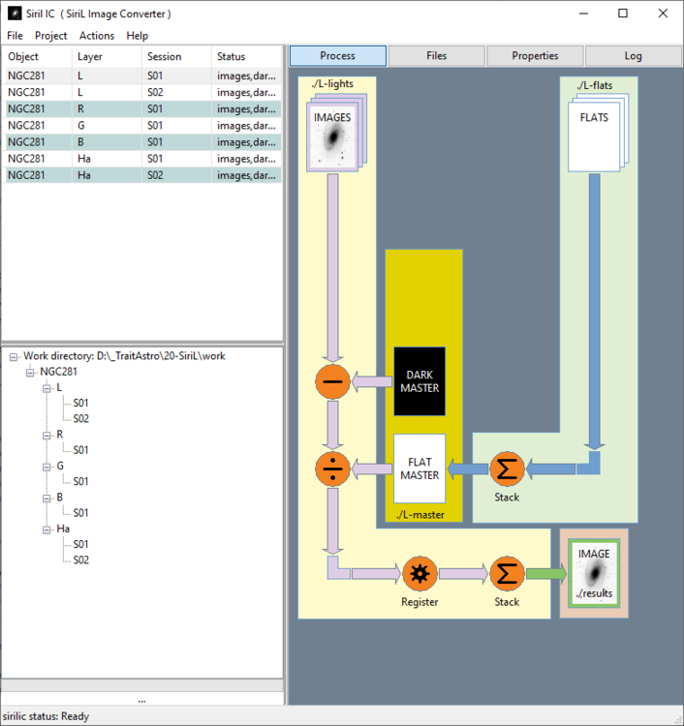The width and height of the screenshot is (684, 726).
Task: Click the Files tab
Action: [x=437, y=56]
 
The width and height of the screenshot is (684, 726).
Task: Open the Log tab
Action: [x=633, y=56]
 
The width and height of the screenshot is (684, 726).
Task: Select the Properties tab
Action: [x=535, y=56]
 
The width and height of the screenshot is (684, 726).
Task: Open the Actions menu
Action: [x=96, y=36]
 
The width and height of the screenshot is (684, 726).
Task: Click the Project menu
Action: [x=51, y=36]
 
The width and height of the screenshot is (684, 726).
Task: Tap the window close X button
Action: [x=663, y=14]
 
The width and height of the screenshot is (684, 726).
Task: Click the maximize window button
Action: [x=623, y=14]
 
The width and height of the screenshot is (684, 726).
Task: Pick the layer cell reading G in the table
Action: [x=80, y=126]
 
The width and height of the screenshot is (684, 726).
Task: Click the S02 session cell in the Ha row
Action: [x=155, y=175]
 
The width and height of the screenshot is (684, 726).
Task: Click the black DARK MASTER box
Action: [x=420, y=381]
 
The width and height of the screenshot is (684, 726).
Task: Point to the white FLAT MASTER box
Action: [x=420, y=469]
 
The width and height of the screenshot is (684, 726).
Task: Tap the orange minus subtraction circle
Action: [x=332, y=381]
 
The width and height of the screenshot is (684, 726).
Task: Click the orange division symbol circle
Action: [x=332, y=469]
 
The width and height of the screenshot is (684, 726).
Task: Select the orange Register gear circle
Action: [x=420, y=574]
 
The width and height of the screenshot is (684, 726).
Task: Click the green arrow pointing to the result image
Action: [x=545, y=574]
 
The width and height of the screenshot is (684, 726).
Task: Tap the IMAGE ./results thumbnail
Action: [x=594, y=573]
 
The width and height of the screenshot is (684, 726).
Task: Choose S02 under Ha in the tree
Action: [x=80, y=560]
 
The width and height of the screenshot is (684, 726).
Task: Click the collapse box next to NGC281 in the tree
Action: [x=30, y=373]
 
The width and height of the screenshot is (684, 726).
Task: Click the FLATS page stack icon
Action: [x=598, y=133]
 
